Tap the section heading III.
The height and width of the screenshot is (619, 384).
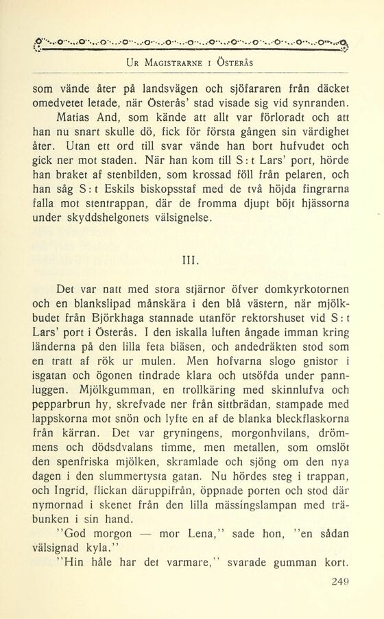point(191,260)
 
